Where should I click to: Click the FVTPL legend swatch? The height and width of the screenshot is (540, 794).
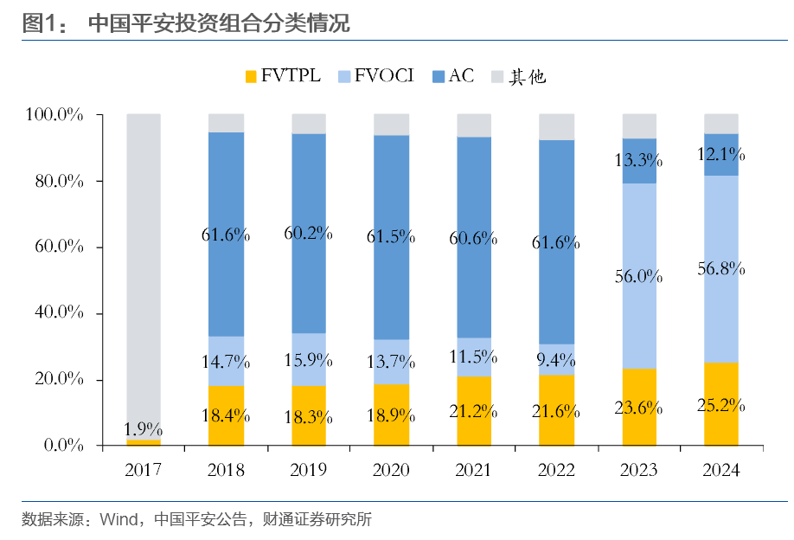click(252, 77)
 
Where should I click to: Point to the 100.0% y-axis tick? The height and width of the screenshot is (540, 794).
click(54, 115)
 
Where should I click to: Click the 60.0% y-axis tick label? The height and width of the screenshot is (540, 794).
click(54, 247)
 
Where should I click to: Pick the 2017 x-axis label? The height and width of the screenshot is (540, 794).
click(144, 471)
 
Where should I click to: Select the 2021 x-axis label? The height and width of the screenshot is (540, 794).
click(474, 471)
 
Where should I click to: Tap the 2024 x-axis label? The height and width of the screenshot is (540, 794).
click(721, 471)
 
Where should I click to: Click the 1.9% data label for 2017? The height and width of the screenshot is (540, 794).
click(144, 429)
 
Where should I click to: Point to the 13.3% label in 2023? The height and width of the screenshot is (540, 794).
click(639, 160)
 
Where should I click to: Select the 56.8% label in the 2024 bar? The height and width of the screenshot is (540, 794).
click(721, 268)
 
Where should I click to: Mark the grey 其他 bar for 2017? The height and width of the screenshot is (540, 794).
click(144, 260)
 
